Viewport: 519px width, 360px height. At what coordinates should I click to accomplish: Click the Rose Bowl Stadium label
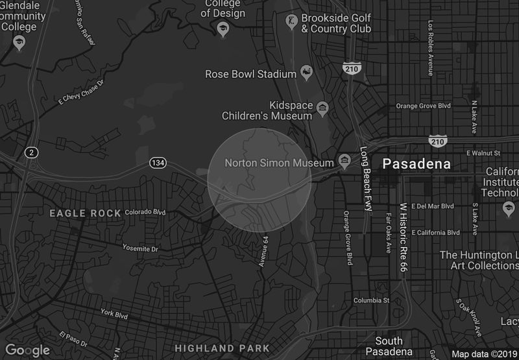pyautogui.click(x=250, y=75)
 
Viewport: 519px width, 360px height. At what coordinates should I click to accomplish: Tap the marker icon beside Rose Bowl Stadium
pyautogui.click(x=307, y=75)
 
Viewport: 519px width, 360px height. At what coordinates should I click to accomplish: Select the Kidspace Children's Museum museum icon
pyautogui.click(x=322, y=106)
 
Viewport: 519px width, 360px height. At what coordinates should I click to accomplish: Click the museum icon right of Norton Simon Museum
pyautogui.click(x=345, y=160)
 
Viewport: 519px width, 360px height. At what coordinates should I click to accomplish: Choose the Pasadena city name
pyautogui.click(x=416, y=164)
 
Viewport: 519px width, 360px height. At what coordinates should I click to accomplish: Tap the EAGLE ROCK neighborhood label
pyautogui.click(x=86, y=213)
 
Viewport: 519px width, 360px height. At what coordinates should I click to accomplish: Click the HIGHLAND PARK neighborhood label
pyautogui.click(x=223, y=349)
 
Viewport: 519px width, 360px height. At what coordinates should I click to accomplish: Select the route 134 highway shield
pyautogui.click(x=157, y=162)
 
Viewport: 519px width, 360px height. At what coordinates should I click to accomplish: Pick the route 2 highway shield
pyautogui.click(x=30, y=152)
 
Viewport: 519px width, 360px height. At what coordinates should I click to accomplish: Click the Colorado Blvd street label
pyautogui.click(x=145, y=212)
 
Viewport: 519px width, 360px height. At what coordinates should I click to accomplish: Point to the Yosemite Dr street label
pyautogui.click(x=140, y=248)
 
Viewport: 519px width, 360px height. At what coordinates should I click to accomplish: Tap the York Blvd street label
pyautogui.click(x=114, y=314)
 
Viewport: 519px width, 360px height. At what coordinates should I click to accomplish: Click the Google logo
pyautogui.click(x=29, y=350)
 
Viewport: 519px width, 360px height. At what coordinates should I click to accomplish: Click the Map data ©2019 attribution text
pyautogui.click(x=483, y=354)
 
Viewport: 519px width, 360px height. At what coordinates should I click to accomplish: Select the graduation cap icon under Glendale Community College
pyautogui.click(x=19, y=43)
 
